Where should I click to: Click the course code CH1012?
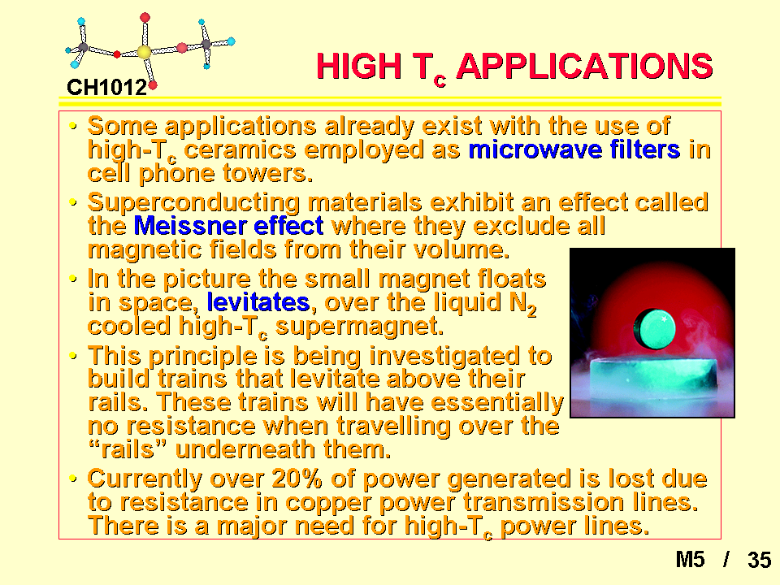(x=106, y=88)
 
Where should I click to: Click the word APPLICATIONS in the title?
(x=584, y=66)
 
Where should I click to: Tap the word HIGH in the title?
(x=359, y=66)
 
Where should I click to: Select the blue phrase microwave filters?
(x=574, y=149)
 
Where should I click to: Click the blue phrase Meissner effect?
(x=229, y=226)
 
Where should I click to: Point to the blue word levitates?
(x=258, y=302)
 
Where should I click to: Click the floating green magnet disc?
(x=654, y=328)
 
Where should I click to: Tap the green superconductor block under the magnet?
(x=653, y=382)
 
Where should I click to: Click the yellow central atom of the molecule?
(x=144, y=52)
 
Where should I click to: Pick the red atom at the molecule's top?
(x=145, y=18)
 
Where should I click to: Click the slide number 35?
(x=759, y=560)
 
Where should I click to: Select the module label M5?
(x=691, y=560)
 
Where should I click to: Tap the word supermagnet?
(x=359, y=327)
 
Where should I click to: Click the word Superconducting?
(x=194, y=203)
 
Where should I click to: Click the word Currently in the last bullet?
(x=145, y=479)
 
